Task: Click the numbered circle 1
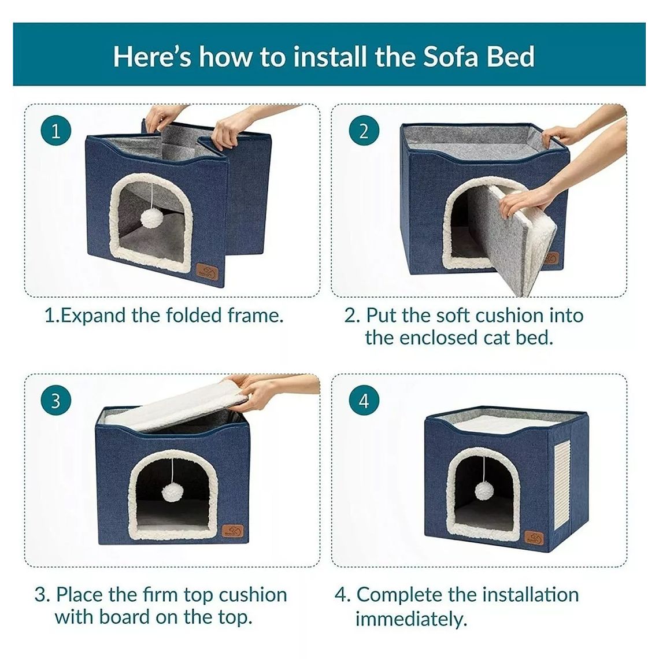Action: coord(56,131)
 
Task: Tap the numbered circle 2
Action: coord(364,131)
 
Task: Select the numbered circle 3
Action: coord(56,401)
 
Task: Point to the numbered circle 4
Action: coord(364,401)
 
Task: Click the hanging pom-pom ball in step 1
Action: coord(154,219)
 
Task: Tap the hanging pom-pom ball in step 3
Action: coord(172,492)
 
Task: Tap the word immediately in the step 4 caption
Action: coord(410,619)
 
